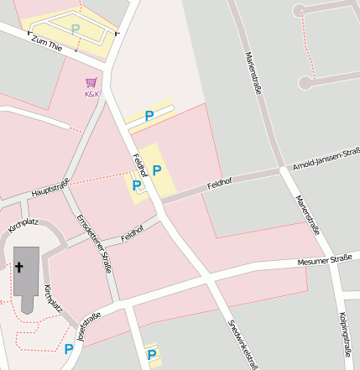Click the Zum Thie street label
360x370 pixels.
pos(47,44)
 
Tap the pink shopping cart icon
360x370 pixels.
pos(91,82)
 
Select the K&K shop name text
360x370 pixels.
pos(91,94)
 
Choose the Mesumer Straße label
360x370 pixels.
pos(324,262)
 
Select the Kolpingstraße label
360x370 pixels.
pos(344,331)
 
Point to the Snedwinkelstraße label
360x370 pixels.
pos(243,344)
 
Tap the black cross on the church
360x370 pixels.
pos(19,268)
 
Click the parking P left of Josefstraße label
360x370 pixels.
pos(69,347)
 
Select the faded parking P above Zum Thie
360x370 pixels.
pos(76,29)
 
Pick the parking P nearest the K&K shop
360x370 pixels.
pos(149,116)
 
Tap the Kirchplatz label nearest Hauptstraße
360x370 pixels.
pos(23,224)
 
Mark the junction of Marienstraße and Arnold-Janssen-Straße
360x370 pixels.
pos(283,170)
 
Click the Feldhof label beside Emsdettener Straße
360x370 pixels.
pos(133,232)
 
